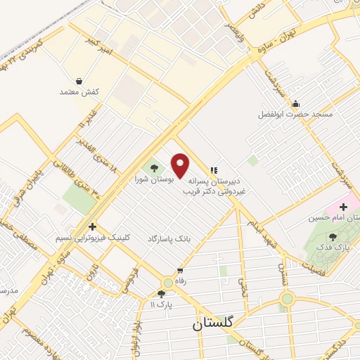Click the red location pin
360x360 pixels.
tap(181, 166)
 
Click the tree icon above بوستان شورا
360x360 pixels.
tap(154, 167)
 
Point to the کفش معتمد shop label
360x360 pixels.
tap(78, 92)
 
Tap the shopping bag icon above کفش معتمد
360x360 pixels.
tap(79, 81)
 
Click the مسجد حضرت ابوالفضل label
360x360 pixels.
tap(297, 113)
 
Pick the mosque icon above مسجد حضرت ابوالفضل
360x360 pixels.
tap(297, 102)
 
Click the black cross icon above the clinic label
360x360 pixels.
tap(92, 226)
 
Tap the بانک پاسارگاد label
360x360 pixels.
tap(169, 239)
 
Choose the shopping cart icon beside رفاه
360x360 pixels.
tap(181, 271)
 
